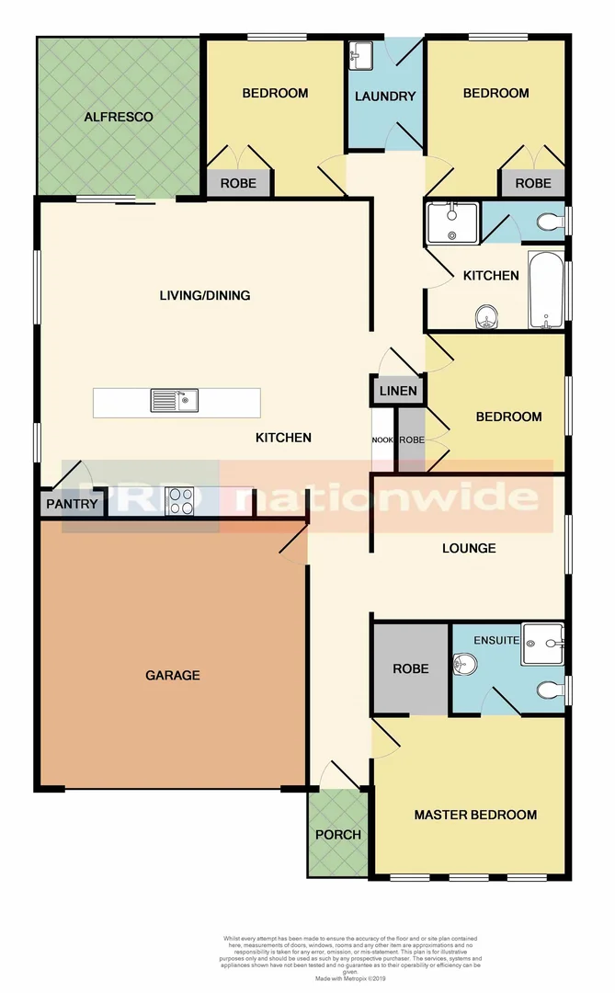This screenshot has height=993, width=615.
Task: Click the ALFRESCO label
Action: point(118,117)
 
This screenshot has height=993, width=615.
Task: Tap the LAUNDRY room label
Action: point(385,97)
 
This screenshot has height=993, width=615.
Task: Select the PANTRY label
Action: point(71,504)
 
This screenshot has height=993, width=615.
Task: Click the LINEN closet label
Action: point(398,392)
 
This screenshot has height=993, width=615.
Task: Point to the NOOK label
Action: point(382,440)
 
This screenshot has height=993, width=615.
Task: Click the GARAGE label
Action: point(172,675)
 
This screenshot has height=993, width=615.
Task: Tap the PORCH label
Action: point(337,835)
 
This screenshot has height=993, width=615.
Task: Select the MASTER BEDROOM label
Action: point(475,815)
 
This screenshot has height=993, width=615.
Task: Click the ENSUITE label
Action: point(496,640)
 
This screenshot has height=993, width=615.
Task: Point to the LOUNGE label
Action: point(469,548)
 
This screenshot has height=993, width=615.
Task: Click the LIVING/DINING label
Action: point(205,295)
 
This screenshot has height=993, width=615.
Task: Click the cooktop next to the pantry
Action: point(180,501)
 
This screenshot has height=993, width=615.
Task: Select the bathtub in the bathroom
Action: point(547,290)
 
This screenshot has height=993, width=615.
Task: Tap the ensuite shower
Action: point(542,644)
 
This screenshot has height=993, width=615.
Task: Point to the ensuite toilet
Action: point(552,690)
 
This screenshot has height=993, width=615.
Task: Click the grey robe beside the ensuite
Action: point(410,668)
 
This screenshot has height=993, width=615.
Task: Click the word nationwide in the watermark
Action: point(386,497)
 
